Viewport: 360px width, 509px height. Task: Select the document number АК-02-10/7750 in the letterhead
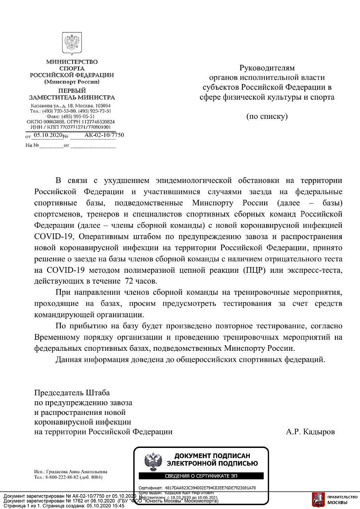tap(104, 135)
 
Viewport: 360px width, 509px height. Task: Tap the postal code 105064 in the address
tap(102, 106)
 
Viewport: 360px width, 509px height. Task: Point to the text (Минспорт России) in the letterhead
tap(72, 81)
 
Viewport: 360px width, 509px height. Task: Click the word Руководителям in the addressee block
tap(267, 68)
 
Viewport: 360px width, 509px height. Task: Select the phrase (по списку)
tap(267, 116)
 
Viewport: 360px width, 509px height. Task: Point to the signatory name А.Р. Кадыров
tap(310, 432)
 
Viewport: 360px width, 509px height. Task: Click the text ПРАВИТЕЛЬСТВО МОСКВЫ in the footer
tap(343, 500)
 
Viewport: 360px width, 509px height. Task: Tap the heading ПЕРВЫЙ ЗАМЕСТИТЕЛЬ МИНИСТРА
tap(72, 94)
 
